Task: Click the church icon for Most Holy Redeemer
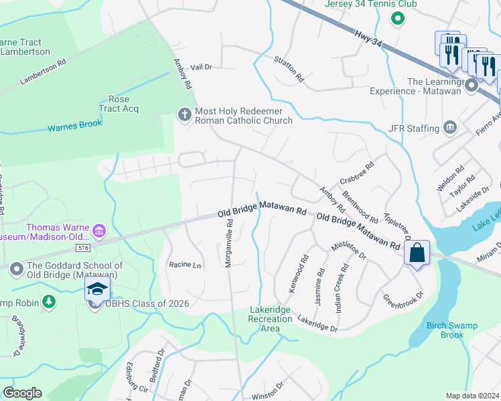click(x=184, y=115)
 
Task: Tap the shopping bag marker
click(x=417, y=253)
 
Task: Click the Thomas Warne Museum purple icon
click(x=99, y=231)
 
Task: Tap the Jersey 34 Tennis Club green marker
click(x=398, y=18)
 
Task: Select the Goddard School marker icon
click(x=16, y=269)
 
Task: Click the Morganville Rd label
click(x=228, y=244)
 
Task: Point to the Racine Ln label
click(x=185, y=265)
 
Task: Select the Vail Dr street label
click(x=201, y=67)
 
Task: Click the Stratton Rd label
click(x=289, y=69)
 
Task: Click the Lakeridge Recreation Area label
click(x=271, y=319)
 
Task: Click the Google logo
click(x=22, y=393)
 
